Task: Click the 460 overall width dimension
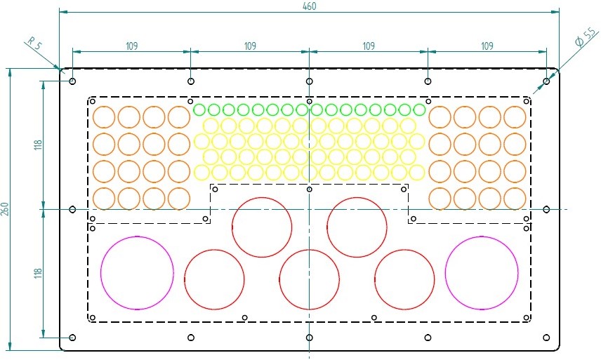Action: click(x=309, y=6)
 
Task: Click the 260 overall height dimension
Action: click(x=5, y=209)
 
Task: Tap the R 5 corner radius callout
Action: click(x=34, y=43)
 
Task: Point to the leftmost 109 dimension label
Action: click(x=131, y=46)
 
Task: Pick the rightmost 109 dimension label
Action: click(x=487, y=46)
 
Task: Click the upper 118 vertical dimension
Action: click(x=38, y=145)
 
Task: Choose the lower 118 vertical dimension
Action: click(x=38, y=273)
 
